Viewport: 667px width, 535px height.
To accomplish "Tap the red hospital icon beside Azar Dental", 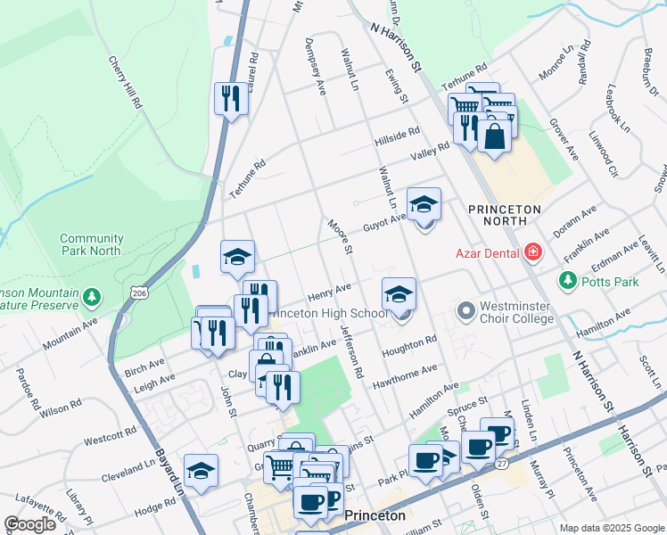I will coord(533,252).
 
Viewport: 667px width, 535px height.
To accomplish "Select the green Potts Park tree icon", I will coord(567,282).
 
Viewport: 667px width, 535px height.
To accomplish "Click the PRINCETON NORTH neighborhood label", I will coord(504,214).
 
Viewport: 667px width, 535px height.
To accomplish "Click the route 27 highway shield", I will coord(502,464).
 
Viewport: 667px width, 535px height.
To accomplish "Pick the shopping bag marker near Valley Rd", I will coord(494,137).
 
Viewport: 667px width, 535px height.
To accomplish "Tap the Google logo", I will coord(29,524).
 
